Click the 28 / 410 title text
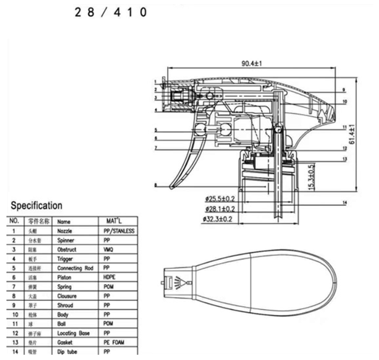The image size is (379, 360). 110,12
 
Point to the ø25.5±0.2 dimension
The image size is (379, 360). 220,199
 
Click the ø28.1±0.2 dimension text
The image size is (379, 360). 220,209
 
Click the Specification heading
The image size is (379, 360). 36,206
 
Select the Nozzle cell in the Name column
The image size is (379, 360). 65,231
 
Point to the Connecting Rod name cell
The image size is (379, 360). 75,268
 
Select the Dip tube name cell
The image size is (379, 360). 68,351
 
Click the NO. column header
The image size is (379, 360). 15,221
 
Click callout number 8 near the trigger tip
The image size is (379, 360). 155,186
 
